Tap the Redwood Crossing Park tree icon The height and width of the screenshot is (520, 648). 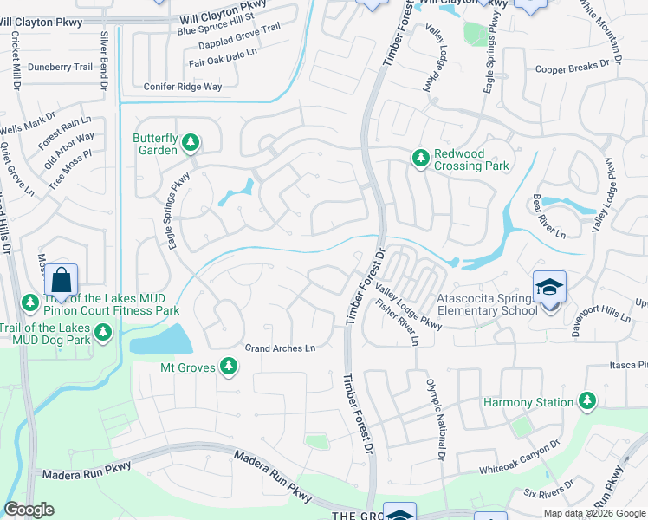(x=420, y=158)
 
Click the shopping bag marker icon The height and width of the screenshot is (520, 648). (x=61, y=280)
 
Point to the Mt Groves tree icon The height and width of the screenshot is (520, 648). (x=229, y=367)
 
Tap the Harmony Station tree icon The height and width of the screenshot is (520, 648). (x=587, y=401)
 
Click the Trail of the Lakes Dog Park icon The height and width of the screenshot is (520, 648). (x=103, y=332)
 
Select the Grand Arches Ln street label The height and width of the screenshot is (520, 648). (x=280, y=348)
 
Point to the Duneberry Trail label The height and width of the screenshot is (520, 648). (x=60, y=67)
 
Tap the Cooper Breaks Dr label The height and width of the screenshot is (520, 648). (x=573, y=68)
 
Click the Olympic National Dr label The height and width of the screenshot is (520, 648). (x=434, y=419)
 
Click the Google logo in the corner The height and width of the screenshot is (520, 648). (x=29, y=510)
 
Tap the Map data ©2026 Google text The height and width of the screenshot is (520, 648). (x=594, y=513)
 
